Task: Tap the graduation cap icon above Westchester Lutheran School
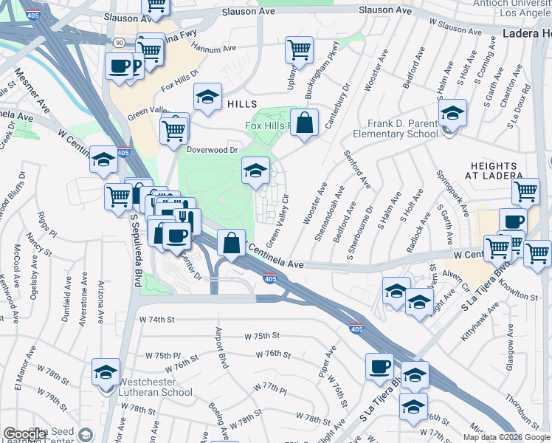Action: (106, 371)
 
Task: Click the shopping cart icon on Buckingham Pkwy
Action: (299, 50)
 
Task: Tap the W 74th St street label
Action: (156, 320)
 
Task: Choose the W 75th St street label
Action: (265, 334)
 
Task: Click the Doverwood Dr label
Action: (212, 149)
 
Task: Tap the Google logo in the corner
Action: (25, 435)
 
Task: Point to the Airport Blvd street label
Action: (221, 348)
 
